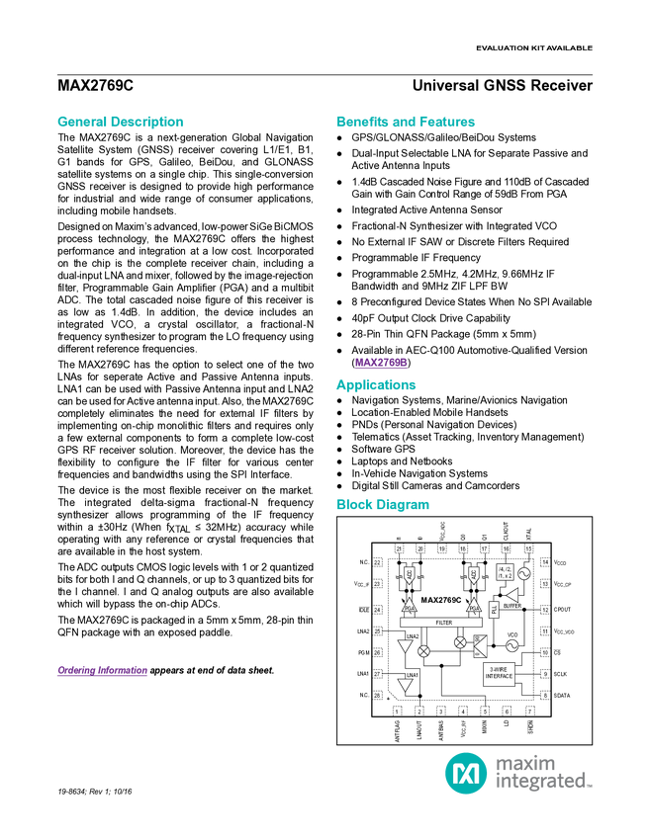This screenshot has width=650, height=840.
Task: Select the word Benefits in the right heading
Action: (x=362, y=122)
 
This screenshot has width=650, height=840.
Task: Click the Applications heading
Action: (x=376, y=385)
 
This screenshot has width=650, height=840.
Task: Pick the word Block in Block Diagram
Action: (x=352, y=505)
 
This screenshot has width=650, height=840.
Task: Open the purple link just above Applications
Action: (x=381, y=363)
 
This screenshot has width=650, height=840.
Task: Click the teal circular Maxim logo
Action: (x=465, y=772)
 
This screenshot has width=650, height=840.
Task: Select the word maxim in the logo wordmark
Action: (x=525, y=762)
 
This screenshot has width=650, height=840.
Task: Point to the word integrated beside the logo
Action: (x=543, y=783)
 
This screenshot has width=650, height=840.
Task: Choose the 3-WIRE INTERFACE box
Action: (x=499, y=674)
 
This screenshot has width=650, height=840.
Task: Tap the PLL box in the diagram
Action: (x=494, y=610)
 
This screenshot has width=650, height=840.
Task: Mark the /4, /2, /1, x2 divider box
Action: (x=505, y=572)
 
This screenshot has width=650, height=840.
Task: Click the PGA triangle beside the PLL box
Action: (x=474, y=606)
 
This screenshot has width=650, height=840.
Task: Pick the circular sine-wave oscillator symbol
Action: (x=511, y=646)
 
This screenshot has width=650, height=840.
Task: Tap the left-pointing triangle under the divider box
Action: (x=512, y=596)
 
